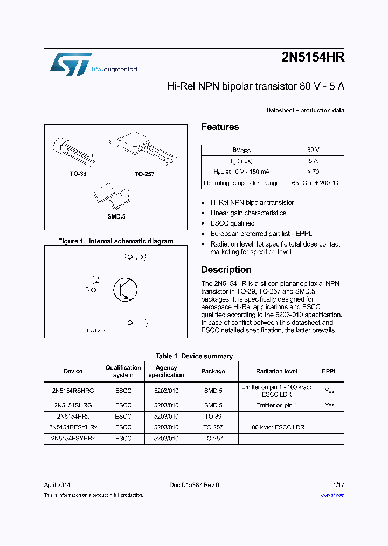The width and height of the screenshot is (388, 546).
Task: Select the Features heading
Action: click(x=220, y=127)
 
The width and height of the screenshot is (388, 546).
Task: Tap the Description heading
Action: click(x=226, y=270)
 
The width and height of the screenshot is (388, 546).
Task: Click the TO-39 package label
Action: click(x=78, y=174)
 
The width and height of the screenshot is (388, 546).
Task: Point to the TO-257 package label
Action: click(x=144, y=174)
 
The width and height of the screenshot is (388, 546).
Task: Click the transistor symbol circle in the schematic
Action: click(x=125, y=289)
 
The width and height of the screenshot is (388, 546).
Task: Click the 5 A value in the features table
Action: click(x=313, y=161)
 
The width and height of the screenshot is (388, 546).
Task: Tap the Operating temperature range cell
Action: click(x=241, y=183)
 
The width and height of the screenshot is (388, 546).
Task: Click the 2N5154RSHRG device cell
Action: click(x=73, y=390)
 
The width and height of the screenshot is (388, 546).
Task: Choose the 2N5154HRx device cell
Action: click(x=73, y=417)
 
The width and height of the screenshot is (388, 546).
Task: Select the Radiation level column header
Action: click(x=276, y=371)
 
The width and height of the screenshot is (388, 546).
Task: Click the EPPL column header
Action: click(x=329, y=371)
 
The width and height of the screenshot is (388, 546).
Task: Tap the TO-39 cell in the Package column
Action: click(x=212, y=417)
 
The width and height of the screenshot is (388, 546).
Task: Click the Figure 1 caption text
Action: click(x=115, y=241)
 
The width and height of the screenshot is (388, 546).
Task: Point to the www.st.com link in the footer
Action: click(x=332, y=495)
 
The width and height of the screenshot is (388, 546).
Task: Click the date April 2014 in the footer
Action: click(x=57, y=485)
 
